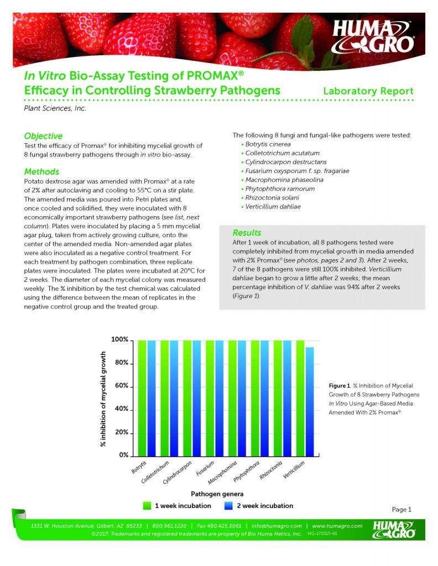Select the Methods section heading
pyautogui.click(x=41, y=172)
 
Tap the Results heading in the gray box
pyautogui.click(x=247, y=233)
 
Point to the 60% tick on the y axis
pyautogui.click(x=121, y=386)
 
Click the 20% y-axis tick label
pyautogui.click(x=121, y=432)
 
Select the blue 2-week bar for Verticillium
pyautogui.click(x=309, y=401)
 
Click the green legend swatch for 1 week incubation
pyautogui.click(x=147, y=505)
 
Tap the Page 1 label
pyautogui.click(x=401, y=509)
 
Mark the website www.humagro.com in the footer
pyautogui.click(x=337, y=526)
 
